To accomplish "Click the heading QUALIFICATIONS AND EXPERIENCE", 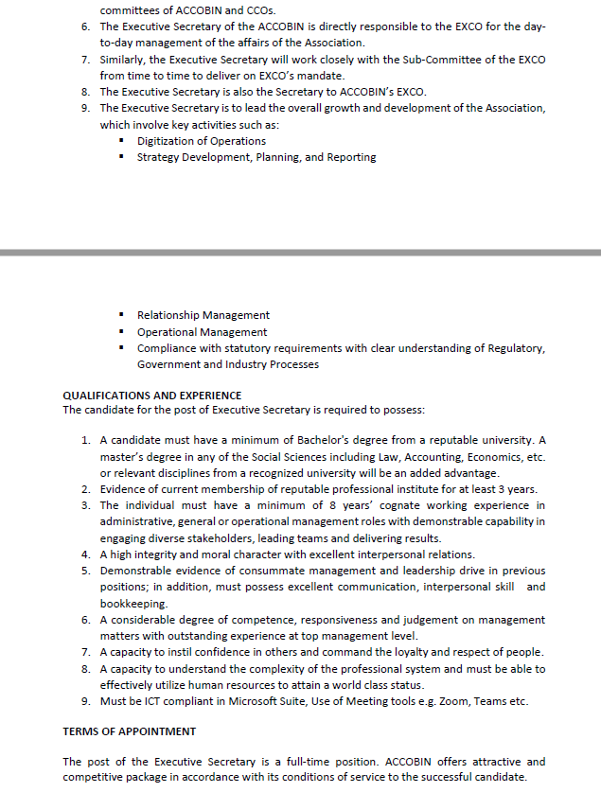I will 151,395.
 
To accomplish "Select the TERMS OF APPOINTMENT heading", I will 130,731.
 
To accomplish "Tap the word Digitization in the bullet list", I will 170,141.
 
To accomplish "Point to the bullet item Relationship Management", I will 203,315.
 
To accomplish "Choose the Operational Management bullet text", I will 202,332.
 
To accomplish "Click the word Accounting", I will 422,457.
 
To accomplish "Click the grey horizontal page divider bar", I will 300,253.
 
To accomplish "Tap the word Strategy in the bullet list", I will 159,157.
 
